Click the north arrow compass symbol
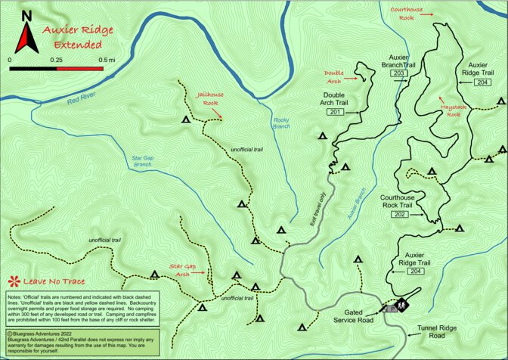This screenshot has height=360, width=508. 27,33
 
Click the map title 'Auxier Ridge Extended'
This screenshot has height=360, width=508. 77,38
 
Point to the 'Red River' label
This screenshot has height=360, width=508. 83,98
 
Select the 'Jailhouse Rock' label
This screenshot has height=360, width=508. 207,98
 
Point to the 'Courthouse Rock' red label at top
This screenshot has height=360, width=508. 411,13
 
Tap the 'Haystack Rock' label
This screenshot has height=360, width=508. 452,110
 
